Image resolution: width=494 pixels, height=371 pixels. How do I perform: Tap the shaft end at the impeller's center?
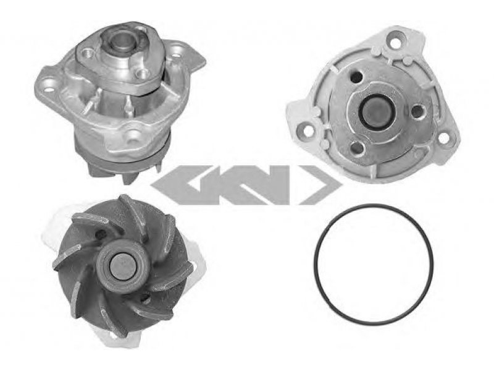(122, 267)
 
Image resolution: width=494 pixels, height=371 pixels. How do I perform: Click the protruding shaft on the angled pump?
(122, 41)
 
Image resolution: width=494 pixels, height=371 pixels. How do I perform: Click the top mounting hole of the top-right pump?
(396, 43)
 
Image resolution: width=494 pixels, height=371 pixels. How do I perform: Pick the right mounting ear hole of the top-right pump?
(443, 138)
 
